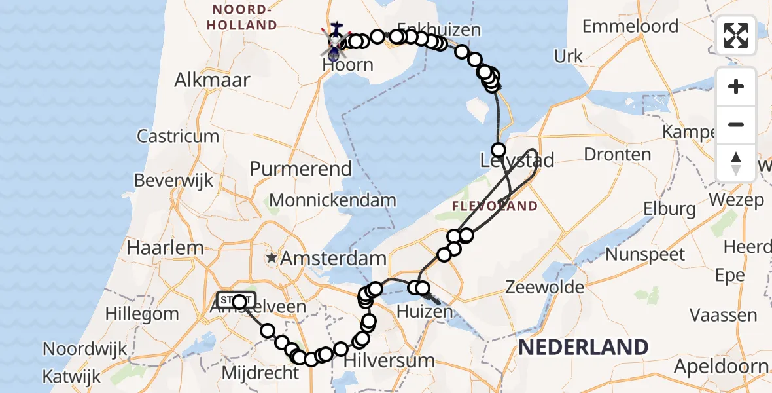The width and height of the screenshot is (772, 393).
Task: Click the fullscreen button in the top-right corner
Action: coord(736,35)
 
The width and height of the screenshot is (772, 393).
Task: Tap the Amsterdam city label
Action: coord(333,258)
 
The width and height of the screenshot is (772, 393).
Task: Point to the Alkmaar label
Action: coord(212,81)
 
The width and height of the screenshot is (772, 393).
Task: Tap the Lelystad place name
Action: coord(517,160)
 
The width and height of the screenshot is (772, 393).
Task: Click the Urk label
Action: coord(568,56)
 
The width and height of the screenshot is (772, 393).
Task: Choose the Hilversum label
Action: coord(389,360)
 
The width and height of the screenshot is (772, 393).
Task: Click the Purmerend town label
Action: coord(301,168)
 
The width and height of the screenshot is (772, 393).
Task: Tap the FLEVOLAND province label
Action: coord(495,206)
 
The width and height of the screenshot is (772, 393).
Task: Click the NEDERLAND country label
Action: coord(583,347)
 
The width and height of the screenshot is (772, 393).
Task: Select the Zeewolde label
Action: coord(544,287)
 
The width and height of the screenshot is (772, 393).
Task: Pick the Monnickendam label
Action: coord(332,200)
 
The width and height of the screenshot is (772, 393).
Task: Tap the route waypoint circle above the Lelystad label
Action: coord(499,149)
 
